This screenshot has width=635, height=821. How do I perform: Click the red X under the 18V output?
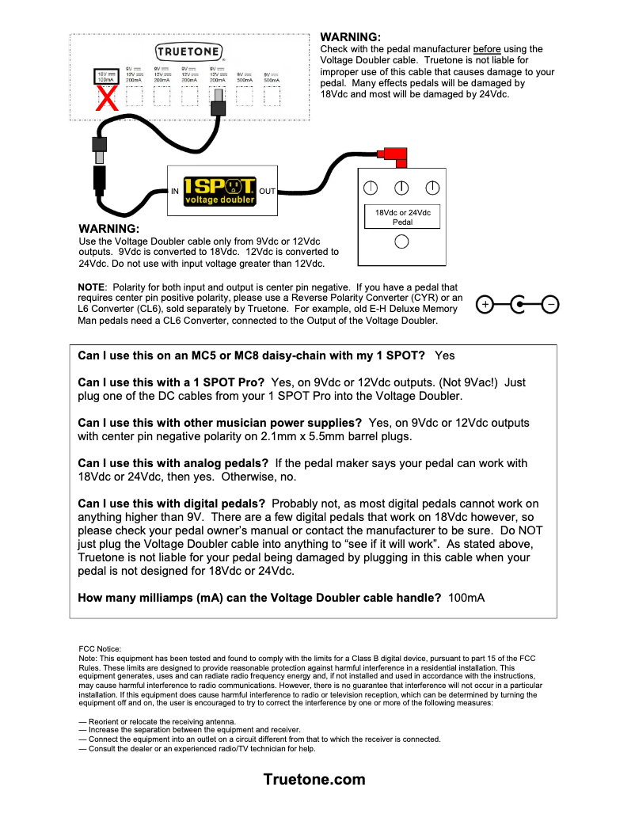(106, 99)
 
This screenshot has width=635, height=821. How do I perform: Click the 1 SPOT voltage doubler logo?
(220, 190)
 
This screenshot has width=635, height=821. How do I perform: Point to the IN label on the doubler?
(175, 192)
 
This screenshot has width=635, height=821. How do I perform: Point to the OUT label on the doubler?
(267, 192)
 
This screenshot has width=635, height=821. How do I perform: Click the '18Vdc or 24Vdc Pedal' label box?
(401, 217)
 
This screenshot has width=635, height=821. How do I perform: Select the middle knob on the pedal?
(401, 188)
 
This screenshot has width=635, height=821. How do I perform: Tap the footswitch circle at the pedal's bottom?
(401, 242)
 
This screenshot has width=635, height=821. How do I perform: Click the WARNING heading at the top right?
(350, 37)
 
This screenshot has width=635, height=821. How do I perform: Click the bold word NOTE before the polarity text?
(91, 287)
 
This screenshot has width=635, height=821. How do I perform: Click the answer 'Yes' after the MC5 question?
(445, 356)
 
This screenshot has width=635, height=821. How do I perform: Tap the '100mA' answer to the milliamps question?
(466, 598)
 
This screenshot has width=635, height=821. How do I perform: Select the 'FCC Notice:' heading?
(101, 648)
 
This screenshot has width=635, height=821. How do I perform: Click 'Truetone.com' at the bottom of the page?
(314, 779)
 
